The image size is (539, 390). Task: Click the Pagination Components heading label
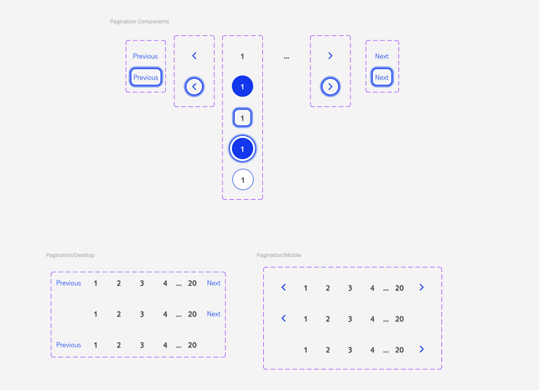tap(140, 21)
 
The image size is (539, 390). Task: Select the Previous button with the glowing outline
tap(146, 77)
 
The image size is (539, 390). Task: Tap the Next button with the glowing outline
tap(382, 77)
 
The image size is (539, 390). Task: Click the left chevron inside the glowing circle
tap(194, 87)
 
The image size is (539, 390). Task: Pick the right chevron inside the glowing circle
tap(330, 87)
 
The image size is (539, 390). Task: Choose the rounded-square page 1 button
tap(242, 118)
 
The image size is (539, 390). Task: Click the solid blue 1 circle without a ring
tap(242, 87)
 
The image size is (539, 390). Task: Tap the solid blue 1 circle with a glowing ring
tap(242, 149)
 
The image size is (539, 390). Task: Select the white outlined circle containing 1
tap(243, 180)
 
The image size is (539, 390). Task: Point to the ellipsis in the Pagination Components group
tap(286, 57)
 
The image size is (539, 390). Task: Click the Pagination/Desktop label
tap(70, 255)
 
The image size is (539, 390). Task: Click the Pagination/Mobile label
tap(279, 255)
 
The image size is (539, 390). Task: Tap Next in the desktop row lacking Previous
tap(214, 314)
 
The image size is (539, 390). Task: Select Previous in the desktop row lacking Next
tap(69, 345)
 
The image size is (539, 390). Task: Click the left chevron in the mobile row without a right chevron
tap(284, 318)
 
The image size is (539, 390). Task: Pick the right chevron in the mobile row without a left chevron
tap(421, 349)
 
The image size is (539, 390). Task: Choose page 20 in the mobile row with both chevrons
tap(399, 288)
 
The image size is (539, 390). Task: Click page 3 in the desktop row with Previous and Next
tap(142, 283)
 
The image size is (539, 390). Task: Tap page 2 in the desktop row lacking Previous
tap(119, 314)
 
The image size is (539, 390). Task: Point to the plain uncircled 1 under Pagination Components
tap(242, 57)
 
